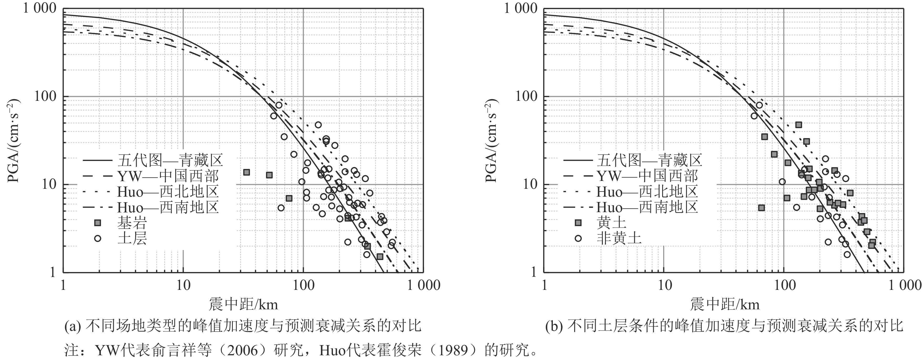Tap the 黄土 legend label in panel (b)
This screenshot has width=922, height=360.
coord(611,223)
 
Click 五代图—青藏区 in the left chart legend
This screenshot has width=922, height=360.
coord(170,160)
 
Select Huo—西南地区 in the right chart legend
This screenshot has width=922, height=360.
coord(647,207)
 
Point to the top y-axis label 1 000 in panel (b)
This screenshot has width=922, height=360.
coord(521,8)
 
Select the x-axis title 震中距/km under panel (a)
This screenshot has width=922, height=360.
coord(243,305)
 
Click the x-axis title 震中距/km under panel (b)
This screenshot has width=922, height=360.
coord(724,305)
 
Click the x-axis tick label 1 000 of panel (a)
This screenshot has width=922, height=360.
coord(423,285)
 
